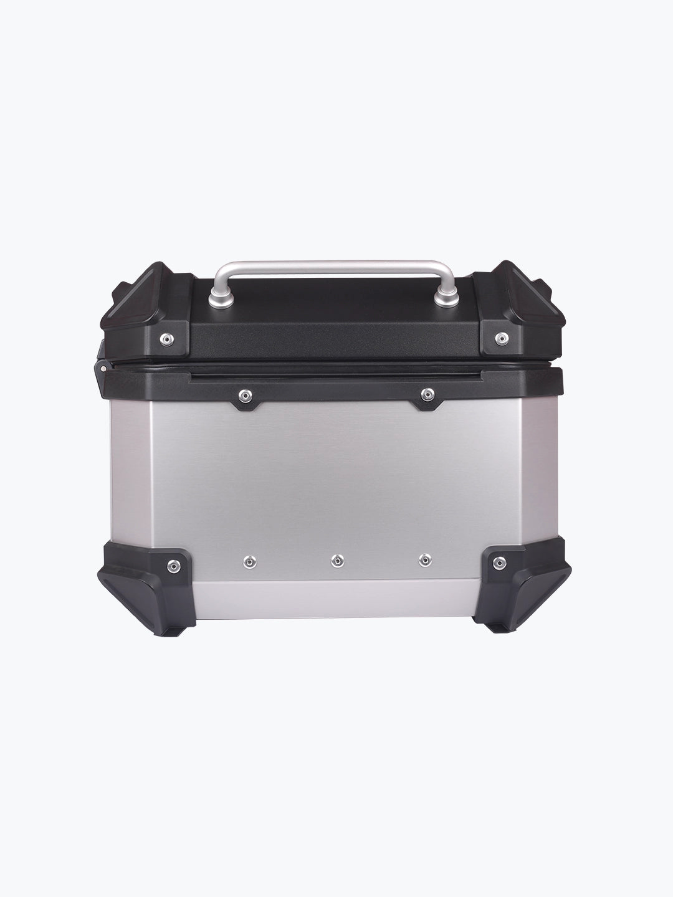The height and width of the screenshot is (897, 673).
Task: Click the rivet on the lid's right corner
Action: pos(500,338)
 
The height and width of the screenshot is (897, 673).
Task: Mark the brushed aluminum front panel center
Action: pos(336,480)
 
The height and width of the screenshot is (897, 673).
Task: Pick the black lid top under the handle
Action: pos(336,311)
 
